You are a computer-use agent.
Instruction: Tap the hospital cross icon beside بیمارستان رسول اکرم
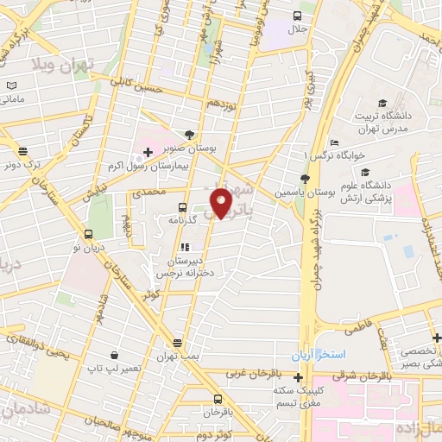point(148,152)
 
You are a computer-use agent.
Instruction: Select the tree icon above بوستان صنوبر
point(189,134)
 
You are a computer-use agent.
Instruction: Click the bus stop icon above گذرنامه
point(181,207)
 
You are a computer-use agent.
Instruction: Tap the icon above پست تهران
point(177,343)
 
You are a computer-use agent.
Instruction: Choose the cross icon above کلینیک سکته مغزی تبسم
point(298,377)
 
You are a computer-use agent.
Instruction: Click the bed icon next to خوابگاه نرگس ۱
point(334,143)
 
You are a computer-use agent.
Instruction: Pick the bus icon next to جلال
point(297,15)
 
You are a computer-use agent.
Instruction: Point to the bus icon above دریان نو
point(88,234)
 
